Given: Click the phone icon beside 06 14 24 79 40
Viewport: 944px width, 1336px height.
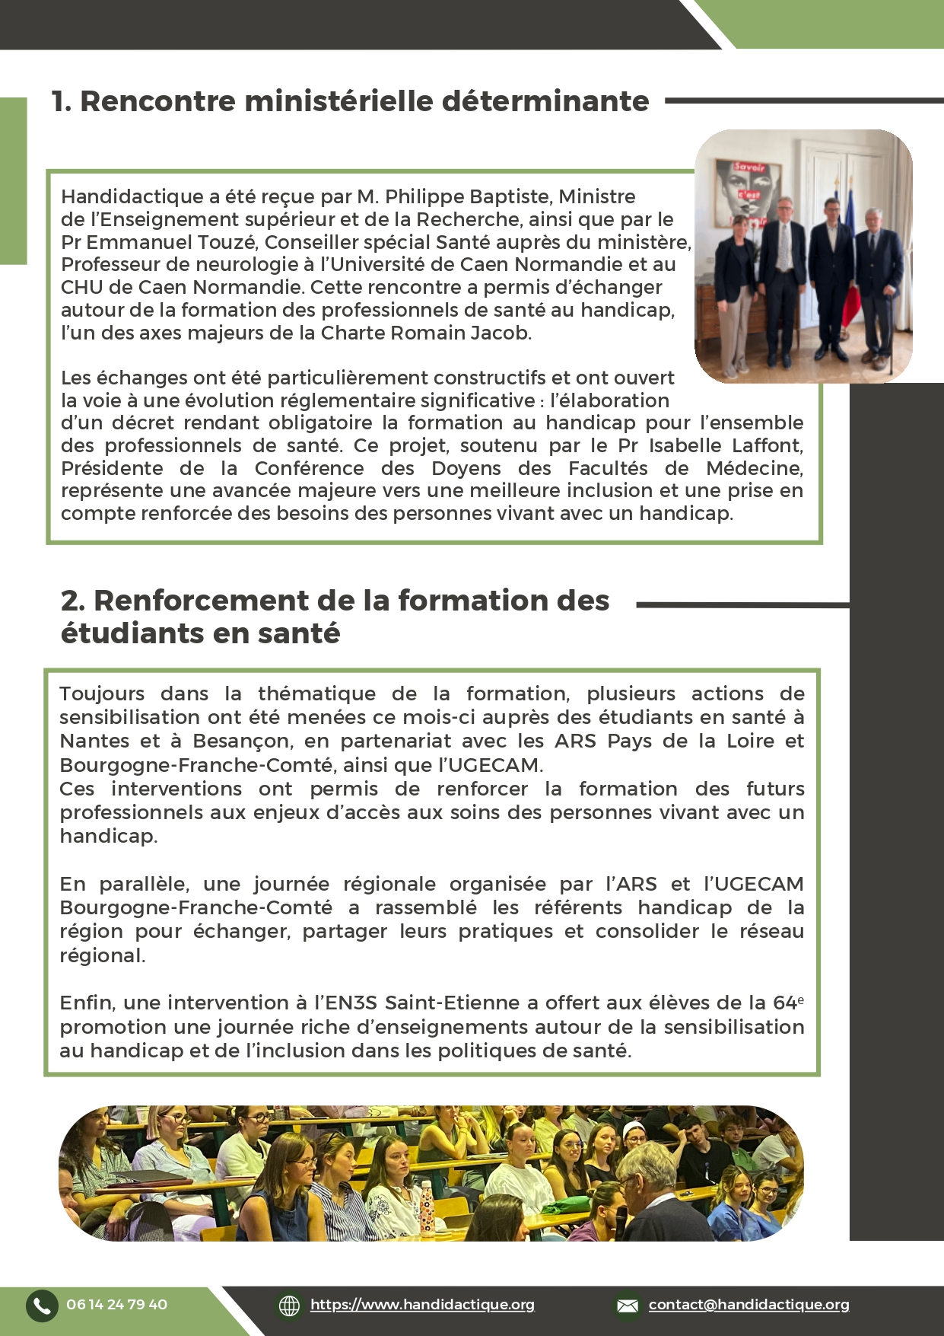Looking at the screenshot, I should click(x=42, y=1306).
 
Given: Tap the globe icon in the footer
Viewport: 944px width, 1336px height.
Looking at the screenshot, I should click(x=289, y=1306).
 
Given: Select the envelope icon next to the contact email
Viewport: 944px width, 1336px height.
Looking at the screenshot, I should click(x=628, y=1306).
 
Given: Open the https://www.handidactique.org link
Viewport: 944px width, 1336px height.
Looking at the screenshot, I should click(x=422, y=1305).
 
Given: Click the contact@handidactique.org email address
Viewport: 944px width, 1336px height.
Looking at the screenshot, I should click(x=749, y=1305).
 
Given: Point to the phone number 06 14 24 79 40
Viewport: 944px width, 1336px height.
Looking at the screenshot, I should click(x=116, y=1305).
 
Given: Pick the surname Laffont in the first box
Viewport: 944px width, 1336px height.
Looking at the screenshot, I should click(x=766, y=445).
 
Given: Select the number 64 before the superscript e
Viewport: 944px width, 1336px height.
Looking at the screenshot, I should click(x=784, y=1003).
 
